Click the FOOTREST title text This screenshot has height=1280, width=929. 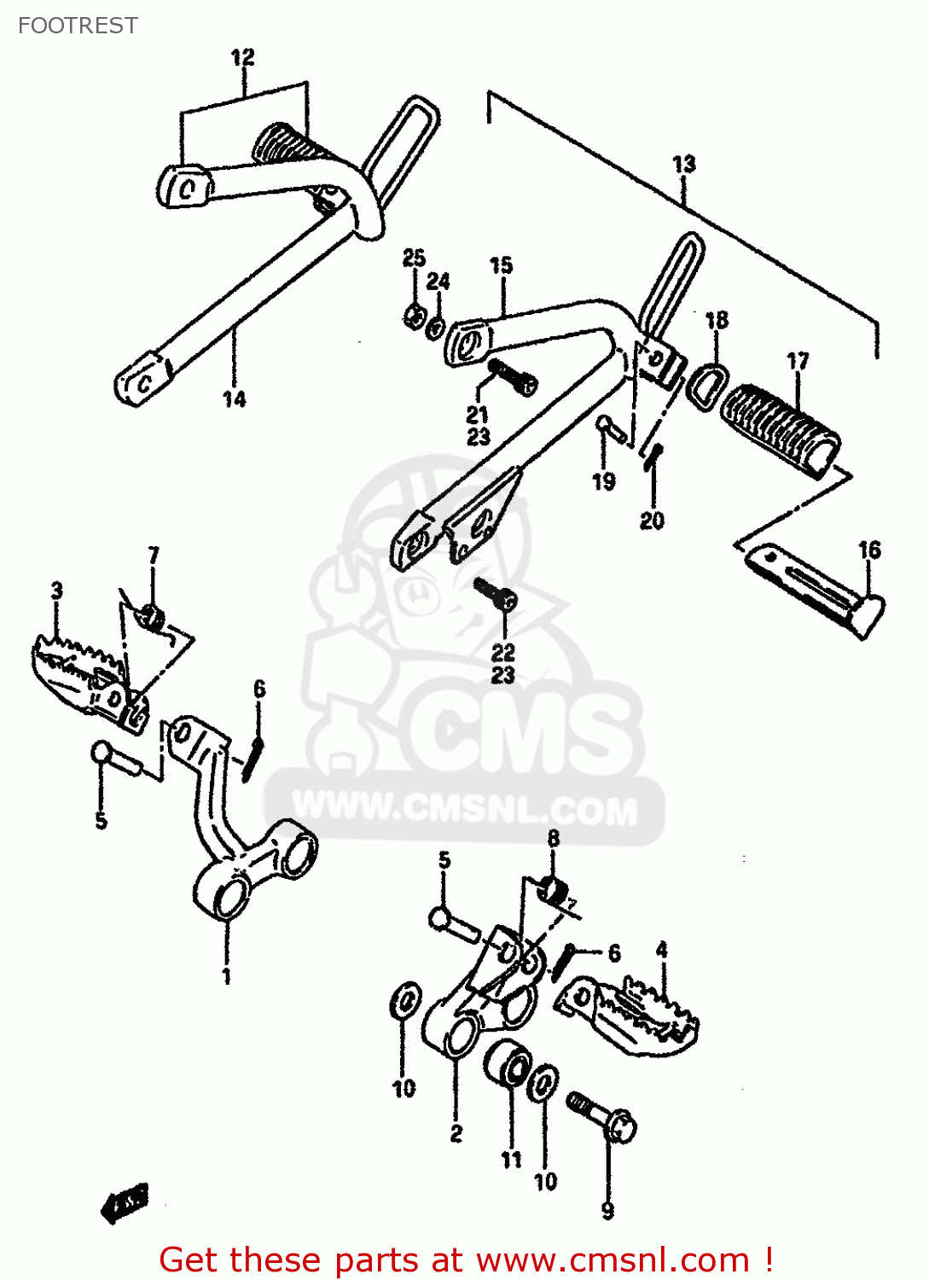pyautogui.click(x=78, y=26)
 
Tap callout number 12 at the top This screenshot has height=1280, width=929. pyautogui.click(x=243, y=57)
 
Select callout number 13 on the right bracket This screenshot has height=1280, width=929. pyautogui.click(x=684, y=164)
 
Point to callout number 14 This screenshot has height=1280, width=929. pyautogui.click(x=234, y=399)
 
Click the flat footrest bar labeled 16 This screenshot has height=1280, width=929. pyautogui.click(x=815, y=589)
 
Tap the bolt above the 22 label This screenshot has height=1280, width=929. pyautogui.click(x=496, y=592)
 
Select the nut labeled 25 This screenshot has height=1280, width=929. pyautogui.click(x=414, y=317)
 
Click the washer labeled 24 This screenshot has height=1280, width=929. pyautogui.click(x=435, y=327)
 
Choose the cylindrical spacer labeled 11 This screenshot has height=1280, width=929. pyautogui.click(x=508, y=1064)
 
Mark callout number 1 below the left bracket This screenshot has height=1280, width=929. pyautogui.click(x=226, y=975)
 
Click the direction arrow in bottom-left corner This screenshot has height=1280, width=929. pyautogui.click(x=125, y=1203)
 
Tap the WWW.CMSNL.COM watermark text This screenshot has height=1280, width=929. pyautogui.click(x=465, y=809)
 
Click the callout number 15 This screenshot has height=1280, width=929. pyautogui.click(x=501, y=265)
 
